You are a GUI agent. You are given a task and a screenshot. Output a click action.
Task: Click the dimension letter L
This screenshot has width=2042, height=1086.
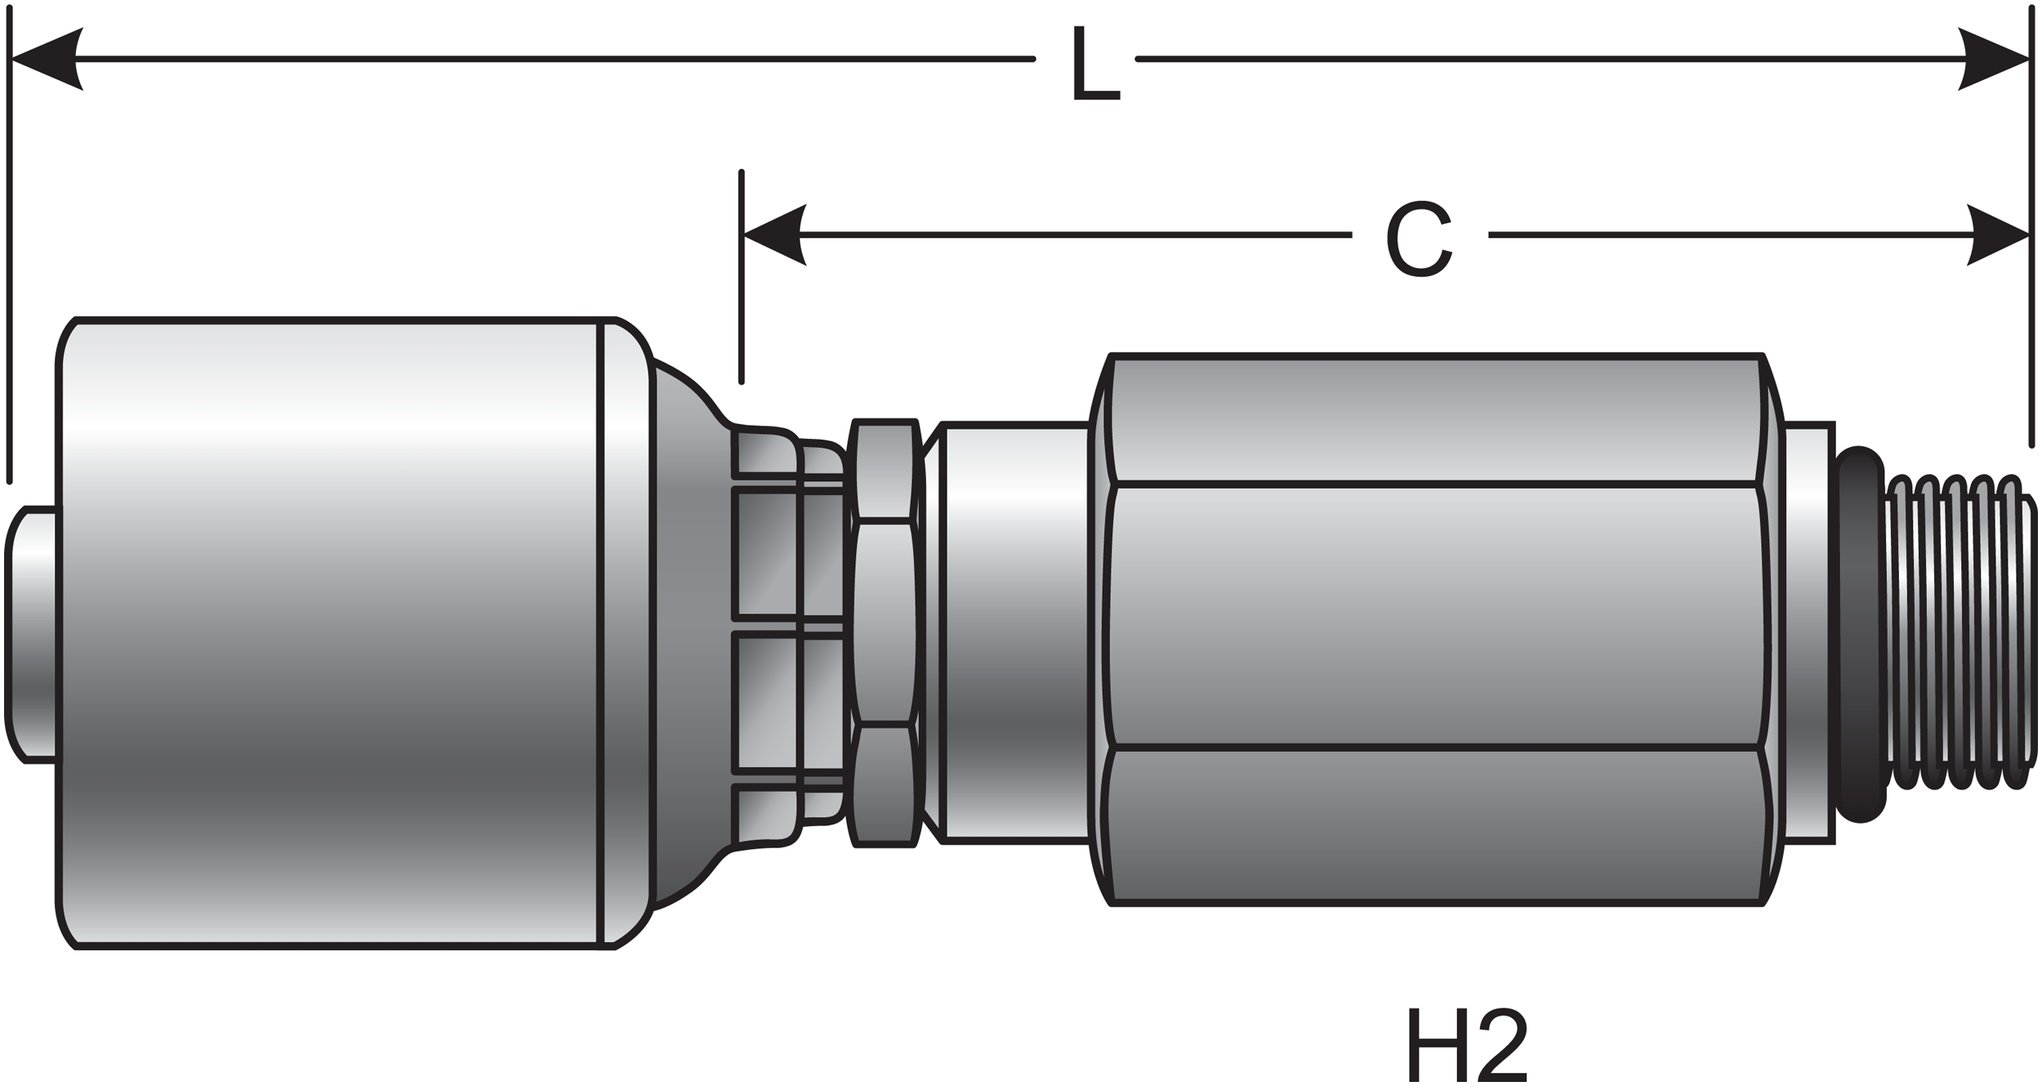[x=1095, y=64]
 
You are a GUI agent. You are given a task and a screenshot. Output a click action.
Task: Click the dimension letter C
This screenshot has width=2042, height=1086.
[x=1419, y=239]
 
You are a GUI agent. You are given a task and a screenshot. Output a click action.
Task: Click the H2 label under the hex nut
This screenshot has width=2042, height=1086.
[x=1467, y=1048]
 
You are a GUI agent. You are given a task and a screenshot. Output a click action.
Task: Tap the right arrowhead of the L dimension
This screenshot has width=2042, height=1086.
[x=1993, y=59]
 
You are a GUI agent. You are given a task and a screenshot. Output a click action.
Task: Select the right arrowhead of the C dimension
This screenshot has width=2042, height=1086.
[x=1997, y=235]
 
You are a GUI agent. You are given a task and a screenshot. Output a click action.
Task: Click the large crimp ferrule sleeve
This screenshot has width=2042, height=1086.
[x=327, y=633]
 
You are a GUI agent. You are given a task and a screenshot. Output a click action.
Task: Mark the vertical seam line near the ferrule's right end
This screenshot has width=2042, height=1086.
[x=600, y=633]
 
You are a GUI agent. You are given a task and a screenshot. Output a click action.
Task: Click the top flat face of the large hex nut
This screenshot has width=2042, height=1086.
[x=1438, y=421]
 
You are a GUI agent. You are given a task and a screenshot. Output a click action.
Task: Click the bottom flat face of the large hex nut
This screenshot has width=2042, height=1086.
[x=1438, y=825]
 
